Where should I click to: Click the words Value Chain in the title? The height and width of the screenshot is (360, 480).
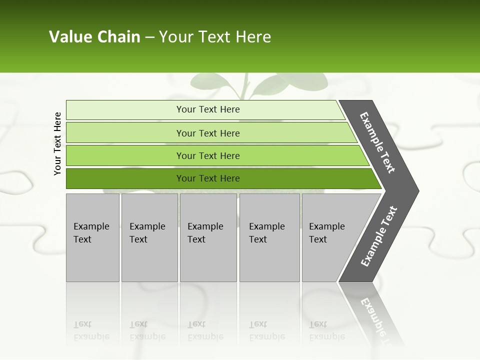click(x=94, y=37)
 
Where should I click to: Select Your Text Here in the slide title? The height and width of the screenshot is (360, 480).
click(x=215, y=37)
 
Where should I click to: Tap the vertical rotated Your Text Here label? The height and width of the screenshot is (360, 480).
click(x=57, y=143)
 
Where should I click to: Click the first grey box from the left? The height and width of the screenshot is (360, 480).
click(x=92, y=237)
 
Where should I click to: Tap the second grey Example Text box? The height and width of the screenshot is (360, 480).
click(x=149, y=237)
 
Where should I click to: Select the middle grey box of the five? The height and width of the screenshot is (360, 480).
click(x=208, y=237)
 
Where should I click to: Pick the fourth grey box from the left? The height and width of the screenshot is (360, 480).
click(x=269, y=237)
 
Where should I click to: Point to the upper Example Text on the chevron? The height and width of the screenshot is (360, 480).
click(x=377, y=142)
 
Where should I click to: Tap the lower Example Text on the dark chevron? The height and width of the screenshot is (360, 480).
click(x=379, y=236)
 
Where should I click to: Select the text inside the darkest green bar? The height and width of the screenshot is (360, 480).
click(x=208, y=178)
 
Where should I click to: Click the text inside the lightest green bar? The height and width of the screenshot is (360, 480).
click(x=208, y=109)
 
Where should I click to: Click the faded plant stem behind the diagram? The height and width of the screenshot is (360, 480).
click(x=245, y=87)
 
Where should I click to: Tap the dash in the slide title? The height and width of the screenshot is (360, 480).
click(x=149, y=37)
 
